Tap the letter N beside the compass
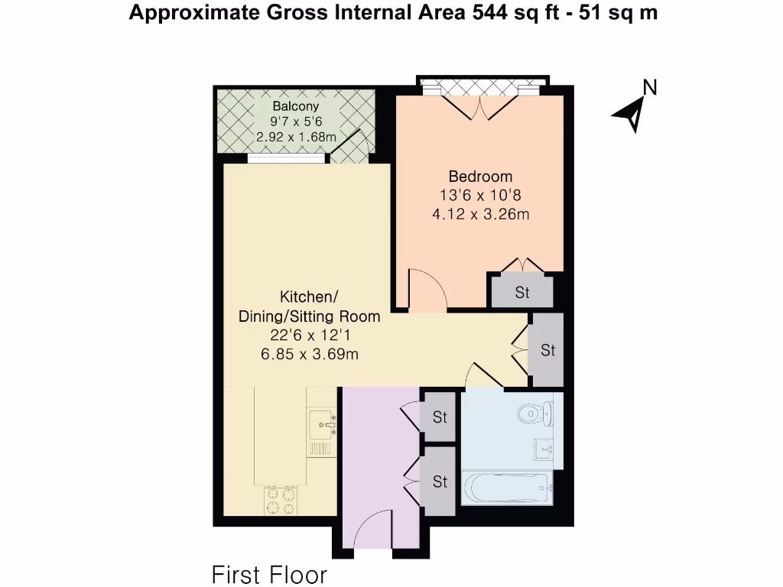650,88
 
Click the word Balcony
295,106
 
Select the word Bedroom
480,177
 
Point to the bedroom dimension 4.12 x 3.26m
480,214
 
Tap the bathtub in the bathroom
506,488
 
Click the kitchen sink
321,422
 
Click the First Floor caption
269,574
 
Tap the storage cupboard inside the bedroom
521,292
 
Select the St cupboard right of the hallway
547,350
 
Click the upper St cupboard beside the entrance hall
440,417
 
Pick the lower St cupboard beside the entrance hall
440,482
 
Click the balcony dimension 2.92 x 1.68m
297,138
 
